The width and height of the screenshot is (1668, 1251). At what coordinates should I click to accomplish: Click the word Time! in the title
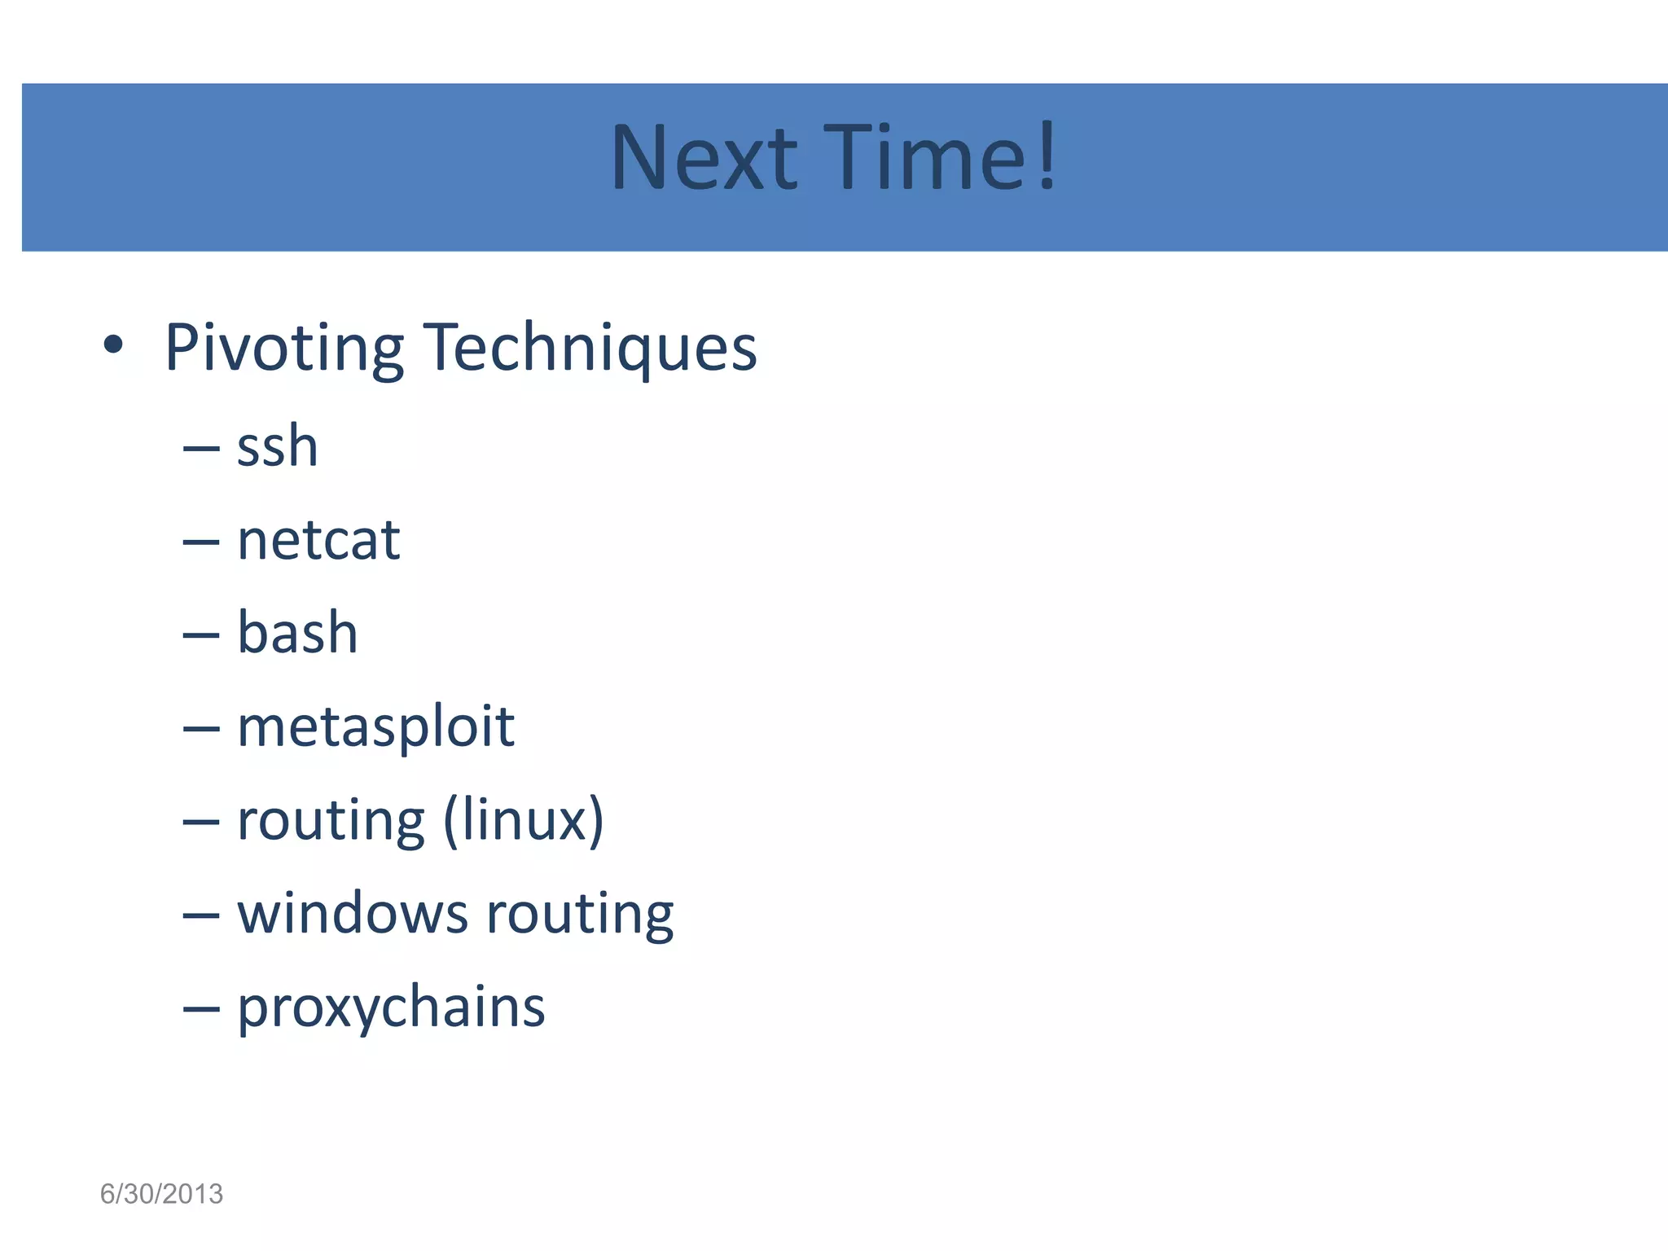tap(937, 158)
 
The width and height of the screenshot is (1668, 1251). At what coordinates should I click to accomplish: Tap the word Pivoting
tap(284, 349)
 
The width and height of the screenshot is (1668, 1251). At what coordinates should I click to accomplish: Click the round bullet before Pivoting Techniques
tap(113, 346)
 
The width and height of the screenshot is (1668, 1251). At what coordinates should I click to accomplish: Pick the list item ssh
tap(277, 448)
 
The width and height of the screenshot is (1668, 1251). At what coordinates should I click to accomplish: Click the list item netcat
tap(318, 541)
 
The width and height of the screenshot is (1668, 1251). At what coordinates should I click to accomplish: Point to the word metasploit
tap(375, 726)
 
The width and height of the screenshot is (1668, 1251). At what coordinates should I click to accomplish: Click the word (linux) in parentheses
tap(524, 820)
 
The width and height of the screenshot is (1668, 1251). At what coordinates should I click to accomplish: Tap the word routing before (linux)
tap(331, 820)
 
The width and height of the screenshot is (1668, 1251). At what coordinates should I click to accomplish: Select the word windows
tap(352, 913)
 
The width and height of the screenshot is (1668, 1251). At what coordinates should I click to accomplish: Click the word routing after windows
tap(580, 915)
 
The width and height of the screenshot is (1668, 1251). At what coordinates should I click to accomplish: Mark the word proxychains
tap(391, 1008)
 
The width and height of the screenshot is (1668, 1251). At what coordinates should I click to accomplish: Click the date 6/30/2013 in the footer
tap(161, 1194)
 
